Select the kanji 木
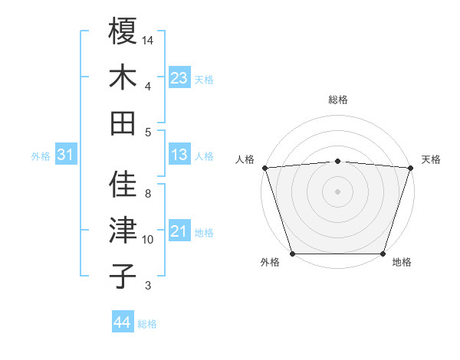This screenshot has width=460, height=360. coord(123,77)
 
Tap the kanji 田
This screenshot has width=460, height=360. coord(123,123)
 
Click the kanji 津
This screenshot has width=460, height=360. coord(123,230)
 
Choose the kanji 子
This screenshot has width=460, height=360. coord(123,276)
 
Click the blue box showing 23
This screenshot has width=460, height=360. coord(179,78)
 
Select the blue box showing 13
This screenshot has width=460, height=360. coord(179,155)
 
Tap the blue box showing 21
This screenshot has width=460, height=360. coord(179,231)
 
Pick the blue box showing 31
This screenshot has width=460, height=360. coord(65,155)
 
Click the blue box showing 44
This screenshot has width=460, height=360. coord(122,322)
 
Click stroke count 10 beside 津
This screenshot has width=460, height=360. coord(148,240)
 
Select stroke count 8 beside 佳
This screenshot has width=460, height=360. coord(148,194)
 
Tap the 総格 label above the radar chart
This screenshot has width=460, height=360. coord(337,100)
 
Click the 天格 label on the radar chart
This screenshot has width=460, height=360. coord(431,159)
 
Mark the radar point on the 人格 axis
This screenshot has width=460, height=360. coord(264,168)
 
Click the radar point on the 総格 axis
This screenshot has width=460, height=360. coord(337,161)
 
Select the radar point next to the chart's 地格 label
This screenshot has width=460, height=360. coord(383,254)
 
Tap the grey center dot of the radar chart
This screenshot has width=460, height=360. coord(337,191)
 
